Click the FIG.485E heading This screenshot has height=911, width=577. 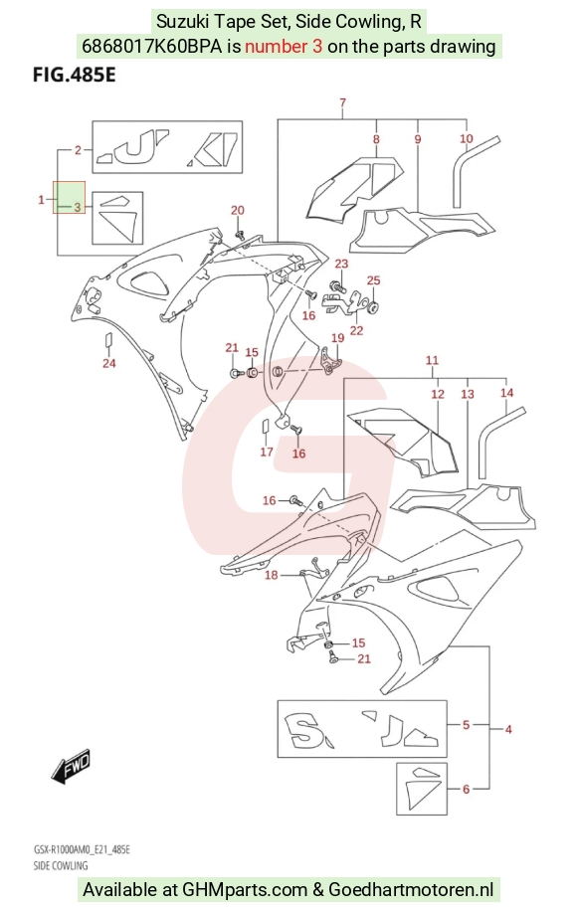74,75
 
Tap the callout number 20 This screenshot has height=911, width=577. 238,210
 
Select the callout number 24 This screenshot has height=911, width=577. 109,364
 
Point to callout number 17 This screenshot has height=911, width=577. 267,452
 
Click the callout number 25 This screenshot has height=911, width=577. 373,280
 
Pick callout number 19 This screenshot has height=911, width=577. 337,338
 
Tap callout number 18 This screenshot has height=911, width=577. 272,575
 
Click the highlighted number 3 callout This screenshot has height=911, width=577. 78,207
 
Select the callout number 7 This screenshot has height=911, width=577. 343,102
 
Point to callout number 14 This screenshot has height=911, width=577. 506,393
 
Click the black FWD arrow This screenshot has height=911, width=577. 71,765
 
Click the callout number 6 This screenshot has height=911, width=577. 466,789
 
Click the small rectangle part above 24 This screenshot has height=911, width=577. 108,340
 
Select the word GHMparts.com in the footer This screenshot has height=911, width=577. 245,889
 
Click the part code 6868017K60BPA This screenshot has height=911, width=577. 151,46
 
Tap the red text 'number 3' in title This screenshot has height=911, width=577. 283,46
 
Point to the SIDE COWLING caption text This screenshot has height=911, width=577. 61,865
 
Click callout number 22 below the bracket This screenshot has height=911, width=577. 356,330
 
